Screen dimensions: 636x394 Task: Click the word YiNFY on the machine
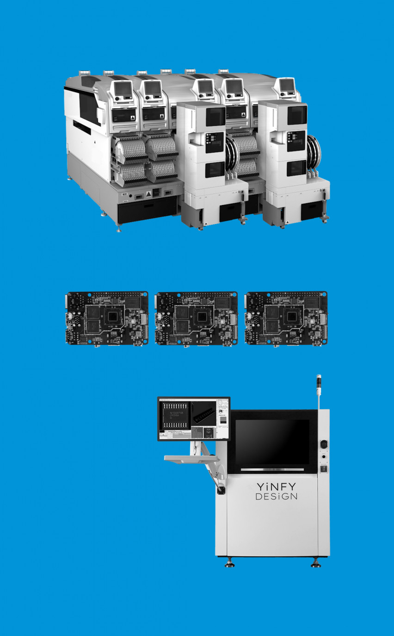(x=277, y=487)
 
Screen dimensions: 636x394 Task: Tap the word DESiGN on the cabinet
(x=277, y=497)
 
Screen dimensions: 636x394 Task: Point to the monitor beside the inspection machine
(x=193, y=418)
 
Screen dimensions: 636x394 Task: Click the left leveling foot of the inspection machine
(x=229, y=563)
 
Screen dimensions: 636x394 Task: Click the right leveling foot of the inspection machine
(x=316, y=563)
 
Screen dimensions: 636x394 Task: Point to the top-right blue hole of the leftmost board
(x=145, y=294)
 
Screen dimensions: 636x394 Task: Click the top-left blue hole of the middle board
(x=158, y=294)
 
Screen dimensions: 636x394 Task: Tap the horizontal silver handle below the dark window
(x=272, y=469)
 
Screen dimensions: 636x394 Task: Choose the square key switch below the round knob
(x=324, y=468)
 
